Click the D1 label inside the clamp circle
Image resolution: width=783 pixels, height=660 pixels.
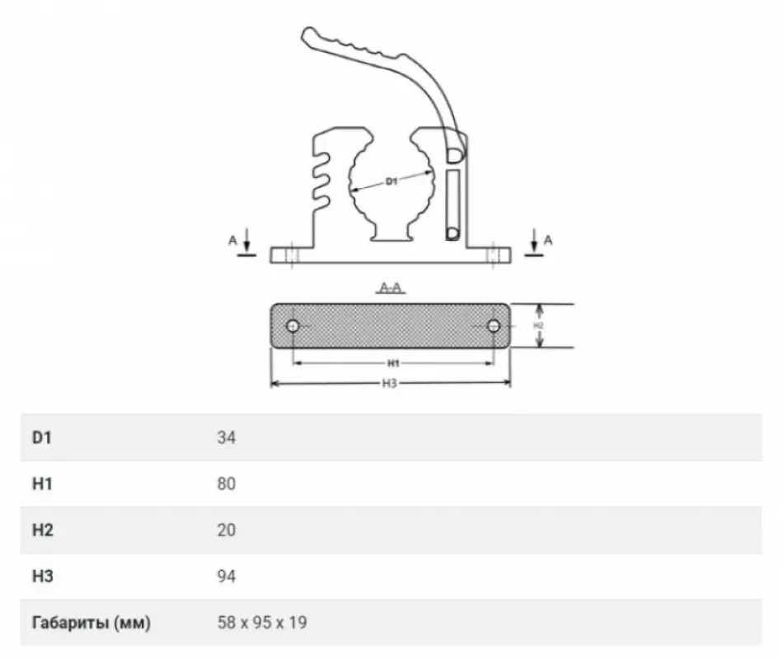click(391, 181)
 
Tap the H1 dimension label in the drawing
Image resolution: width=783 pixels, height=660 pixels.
click(393, 363)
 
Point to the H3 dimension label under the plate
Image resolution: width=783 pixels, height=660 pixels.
click(390, 384)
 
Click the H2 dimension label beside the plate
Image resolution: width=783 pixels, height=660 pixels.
click(538, 326)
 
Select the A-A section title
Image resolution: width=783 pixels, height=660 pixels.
click(391, 288)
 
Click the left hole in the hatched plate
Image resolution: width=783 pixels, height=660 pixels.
click(293, 326)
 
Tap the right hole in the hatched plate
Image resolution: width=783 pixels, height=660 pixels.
click(494, 326)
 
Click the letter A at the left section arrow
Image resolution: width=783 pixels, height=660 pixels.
click(232, 241)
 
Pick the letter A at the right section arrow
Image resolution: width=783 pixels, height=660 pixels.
click(548, 241)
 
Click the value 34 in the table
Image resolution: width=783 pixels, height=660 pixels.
click(226, 437)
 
